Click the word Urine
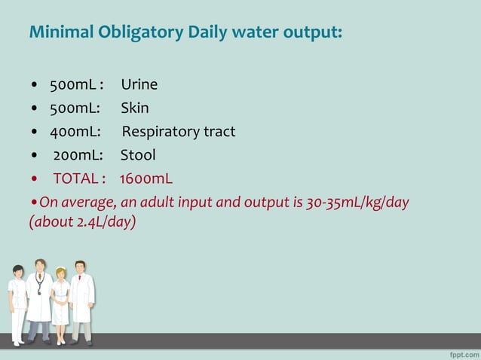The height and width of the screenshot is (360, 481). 139,84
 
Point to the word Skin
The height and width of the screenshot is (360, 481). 135,108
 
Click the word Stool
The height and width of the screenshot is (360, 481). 138,155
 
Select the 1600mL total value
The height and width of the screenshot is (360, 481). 146,179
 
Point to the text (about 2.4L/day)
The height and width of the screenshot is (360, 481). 82,224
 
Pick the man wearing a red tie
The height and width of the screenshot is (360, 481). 81,297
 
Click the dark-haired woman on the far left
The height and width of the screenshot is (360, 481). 17,301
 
